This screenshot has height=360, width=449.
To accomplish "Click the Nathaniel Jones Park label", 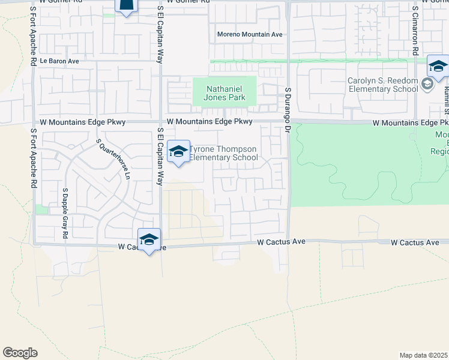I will [224, 92].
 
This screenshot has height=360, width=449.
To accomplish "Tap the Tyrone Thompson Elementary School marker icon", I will [178, 152].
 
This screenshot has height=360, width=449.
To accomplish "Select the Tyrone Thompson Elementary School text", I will [224, 154].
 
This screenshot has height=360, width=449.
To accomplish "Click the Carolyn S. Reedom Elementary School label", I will [383, 85].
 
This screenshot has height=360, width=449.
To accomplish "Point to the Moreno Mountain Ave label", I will [250, 34].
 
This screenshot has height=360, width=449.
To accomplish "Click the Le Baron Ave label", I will [59, 61].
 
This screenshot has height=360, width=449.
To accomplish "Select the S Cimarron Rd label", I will [415, 33].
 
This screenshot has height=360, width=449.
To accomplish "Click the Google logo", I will [20, 353].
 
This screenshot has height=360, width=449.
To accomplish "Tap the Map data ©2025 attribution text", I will [423, 355].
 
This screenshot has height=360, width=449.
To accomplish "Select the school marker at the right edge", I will [438, 67].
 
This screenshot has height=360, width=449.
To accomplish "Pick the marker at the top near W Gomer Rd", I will [126, 6].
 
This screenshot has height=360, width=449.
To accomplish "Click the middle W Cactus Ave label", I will [282, 242].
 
